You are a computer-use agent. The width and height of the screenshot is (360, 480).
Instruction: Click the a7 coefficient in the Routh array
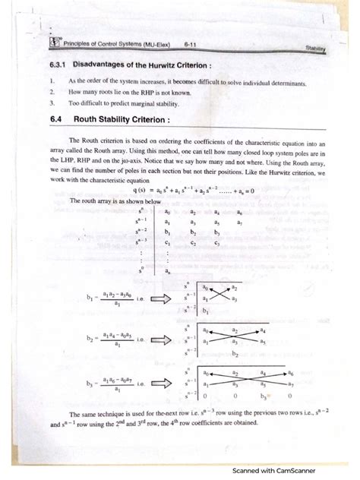click(x=238, y=223)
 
